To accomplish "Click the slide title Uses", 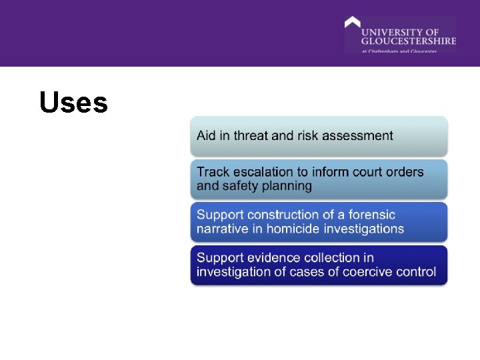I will click(73, 103).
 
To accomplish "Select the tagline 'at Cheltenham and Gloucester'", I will click(399, 51).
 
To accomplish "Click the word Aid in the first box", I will click(207, 135).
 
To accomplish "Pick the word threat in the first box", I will click(250, 135).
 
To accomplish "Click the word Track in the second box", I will click(213, 172).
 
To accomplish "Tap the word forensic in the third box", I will click(369, 215).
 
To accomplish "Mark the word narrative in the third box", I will click(222, 229).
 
